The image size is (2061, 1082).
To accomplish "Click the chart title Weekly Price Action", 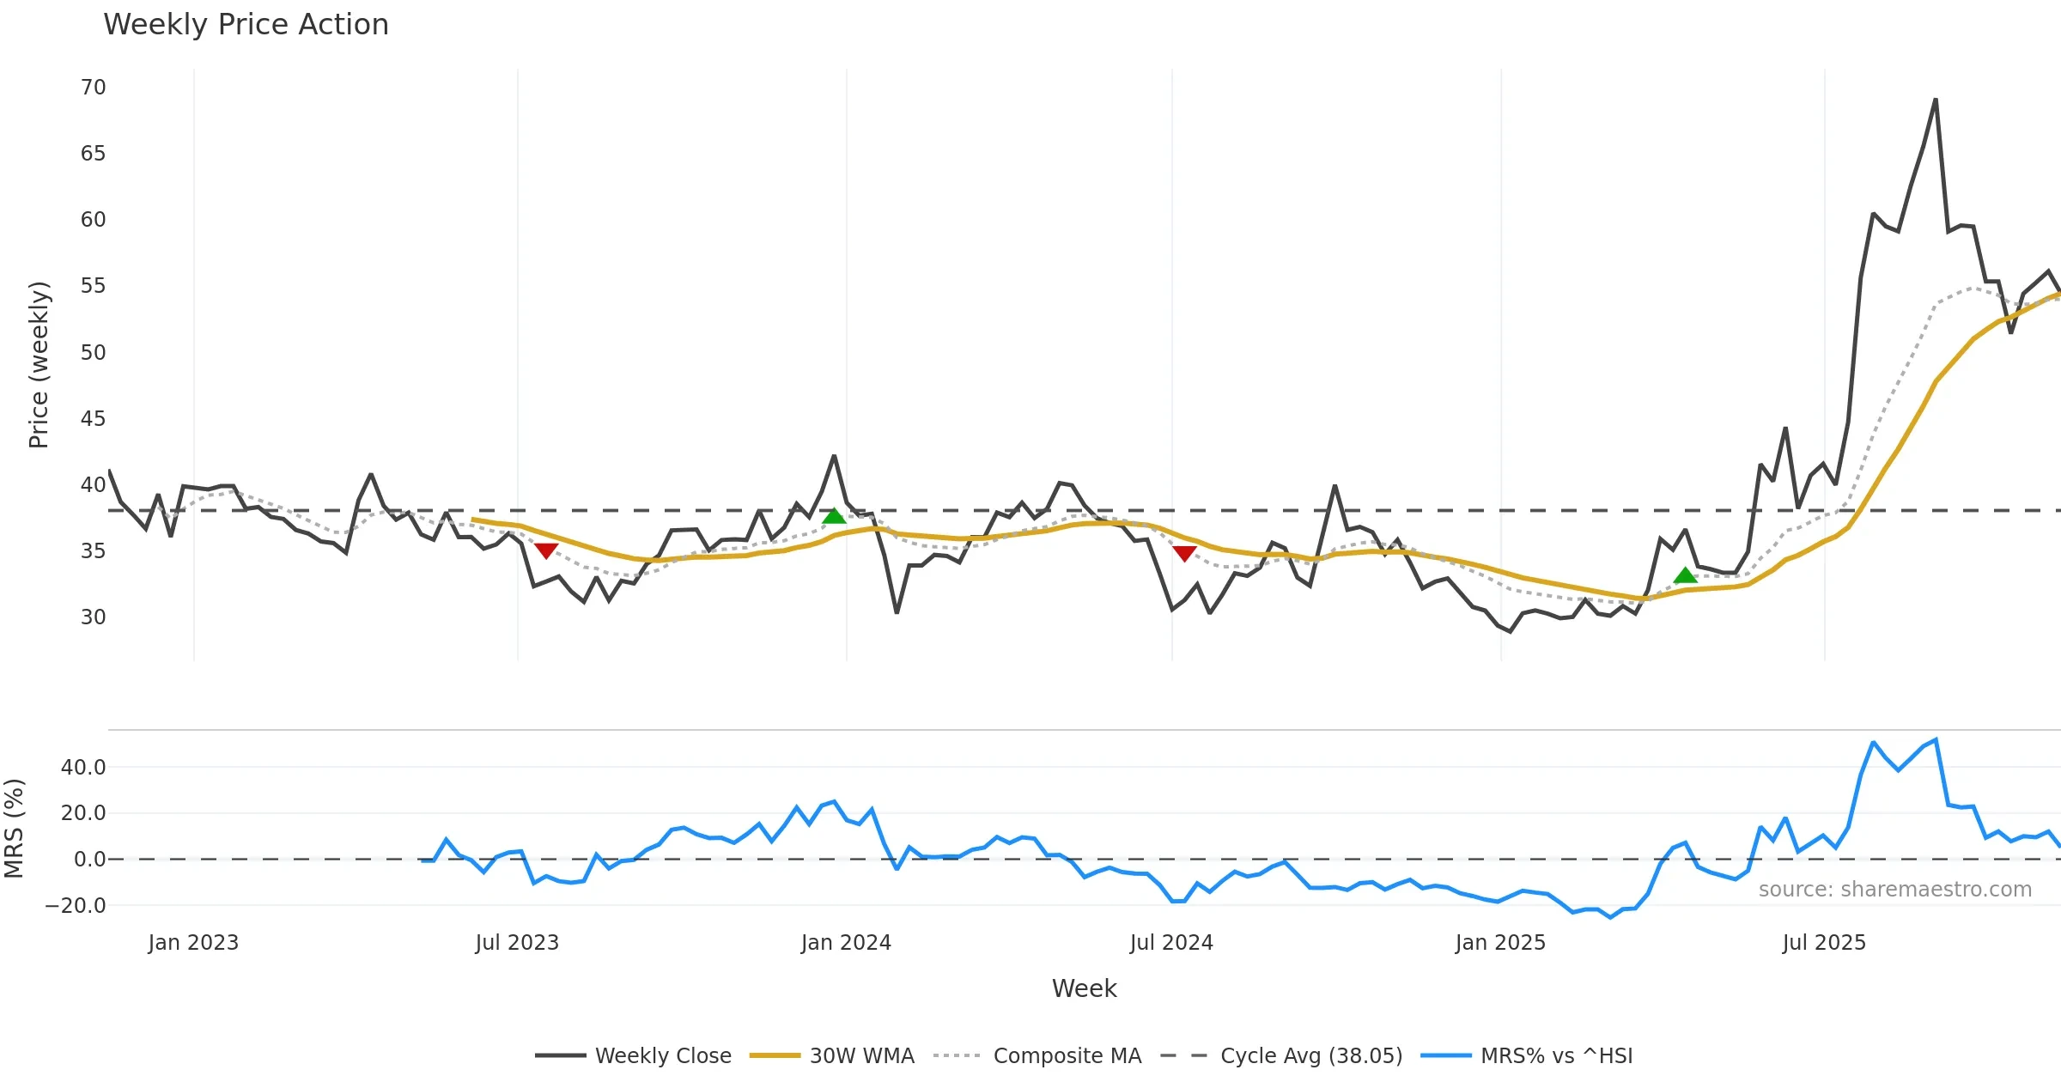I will point(246,25).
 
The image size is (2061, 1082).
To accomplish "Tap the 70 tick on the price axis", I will point(94,88).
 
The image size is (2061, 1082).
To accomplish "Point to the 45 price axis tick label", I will point(94,419).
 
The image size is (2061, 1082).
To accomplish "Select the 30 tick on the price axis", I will point(94,617).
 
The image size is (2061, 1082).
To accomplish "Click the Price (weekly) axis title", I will point(39,365).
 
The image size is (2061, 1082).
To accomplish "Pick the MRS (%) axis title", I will point(15,828).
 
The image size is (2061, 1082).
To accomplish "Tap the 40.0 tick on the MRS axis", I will point(83,768).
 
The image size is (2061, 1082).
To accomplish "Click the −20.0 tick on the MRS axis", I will point(76,906).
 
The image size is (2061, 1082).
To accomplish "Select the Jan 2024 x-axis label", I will point(846,943).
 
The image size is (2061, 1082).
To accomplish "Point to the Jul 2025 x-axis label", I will point(1824,943).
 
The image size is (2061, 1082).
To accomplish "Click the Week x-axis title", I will point(1084,989).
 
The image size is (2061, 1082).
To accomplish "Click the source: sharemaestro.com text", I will point(1894,890).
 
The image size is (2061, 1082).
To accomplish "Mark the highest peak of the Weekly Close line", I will point(1936,100).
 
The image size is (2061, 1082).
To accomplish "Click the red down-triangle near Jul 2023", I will point(546,550).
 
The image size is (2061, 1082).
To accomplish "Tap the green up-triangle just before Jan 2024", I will point(834,516).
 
